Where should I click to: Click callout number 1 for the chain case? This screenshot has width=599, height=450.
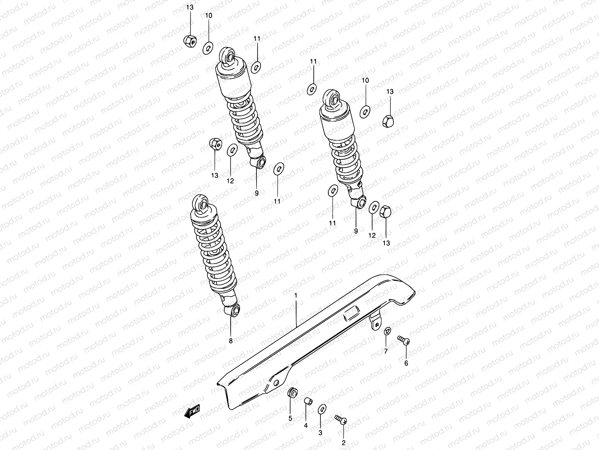[296, 296]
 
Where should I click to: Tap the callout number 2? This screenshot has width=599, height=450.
[343, 443]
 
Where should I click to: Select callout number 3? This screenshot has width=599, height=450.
[320, 432]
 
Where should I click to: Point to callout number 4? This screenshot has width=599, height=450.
[305, 426]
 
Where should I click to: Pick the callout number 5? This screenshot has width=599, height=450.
[290, 418]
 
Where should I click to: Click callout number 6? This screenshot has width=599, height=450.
[406, 363]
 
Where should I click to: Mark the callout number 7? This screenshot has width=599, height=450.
[386, 351]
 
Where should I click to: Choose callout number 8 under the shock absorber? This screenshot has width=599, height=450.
[231, 341]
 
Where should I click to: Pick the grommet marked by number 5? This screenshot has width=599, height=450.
[292, 393]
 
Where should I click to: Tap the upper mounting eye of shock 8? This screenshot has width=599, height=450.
[201, 203]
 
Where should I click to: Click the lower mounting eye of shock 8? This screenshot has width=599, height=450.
[234, 310]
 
